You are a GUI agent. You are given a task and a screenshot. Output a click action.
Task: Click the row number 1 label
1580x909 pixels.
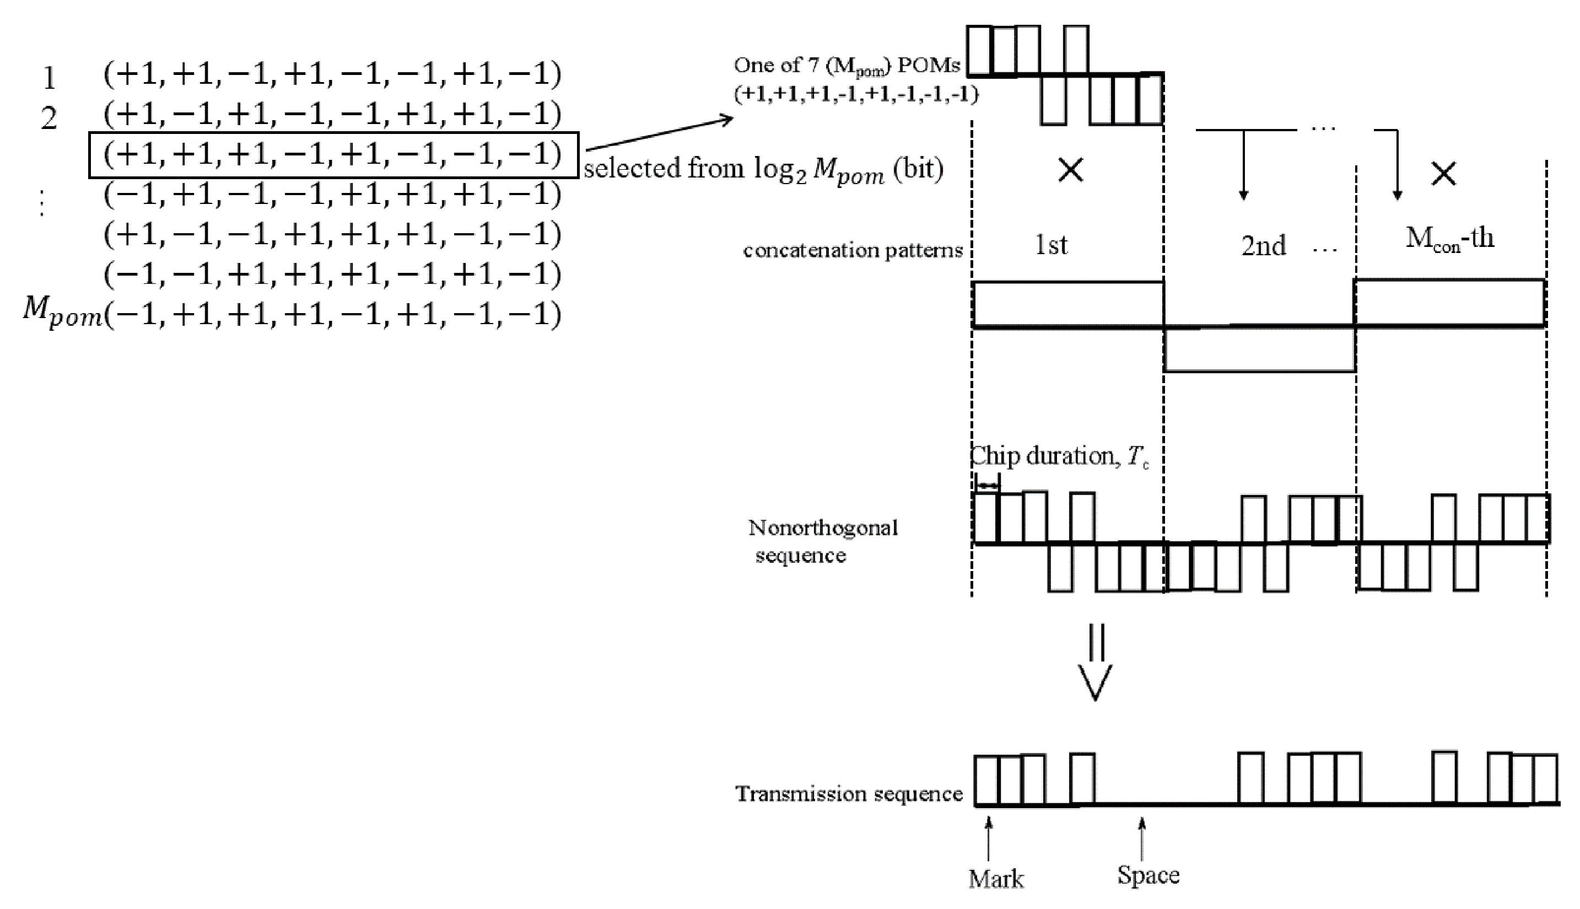click(x=48, y=79)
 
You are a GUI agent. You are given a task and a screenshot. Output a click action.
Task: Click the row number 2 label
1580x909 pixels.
click(x=48, y=118)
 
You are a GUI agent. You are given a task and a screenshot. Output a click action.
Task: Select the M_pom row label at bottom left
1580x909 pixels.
click(x=62, y=312)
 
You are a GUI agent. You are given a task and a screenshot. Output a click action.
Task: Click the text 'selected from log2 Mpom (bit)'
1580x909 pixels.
click(x=763, y=169)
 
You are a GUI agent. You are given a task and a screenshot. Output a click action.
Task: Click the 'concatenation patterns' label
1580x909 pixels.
click(x=853, y=250)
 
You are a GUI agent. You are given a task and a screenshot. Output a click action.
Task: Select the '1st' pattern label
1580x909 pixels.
click(x=1051, y=245)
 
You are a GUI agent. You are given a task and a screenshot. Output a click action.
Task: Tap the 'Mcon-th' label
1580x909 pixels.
click(x=1449, y=239)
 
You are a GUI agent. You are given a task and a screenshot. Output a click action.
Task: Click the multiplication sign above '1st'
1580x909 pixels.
click(x=1071, y=170)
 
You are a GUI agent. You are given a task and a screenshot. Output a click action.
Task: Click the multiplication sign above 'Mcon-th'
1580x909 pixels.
click(x=1443, y=174)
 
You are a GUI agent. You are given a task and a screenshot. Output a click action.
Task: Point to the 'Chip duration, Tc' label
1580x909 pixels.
click(x=1059, y=457)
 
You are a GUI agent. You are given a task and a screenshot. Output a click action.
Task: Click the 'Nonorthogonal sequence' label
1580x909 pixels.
click(x=822, y=541)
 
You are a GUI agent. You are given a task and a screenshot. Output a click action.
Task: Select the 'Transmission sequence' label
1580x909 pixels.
click(x=849, y=794)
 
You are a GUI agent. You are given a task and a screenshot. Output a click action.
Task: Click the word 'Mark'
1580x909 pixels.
click(x=995, y=879)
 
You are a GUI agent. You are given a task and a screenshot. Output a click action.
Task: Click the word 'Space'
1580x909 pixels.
click(x=1147, y=875)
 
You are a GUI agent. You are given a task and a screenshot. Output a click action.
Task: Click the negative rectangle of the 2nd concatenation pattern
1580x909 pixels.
click(x=1259, y=349)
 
